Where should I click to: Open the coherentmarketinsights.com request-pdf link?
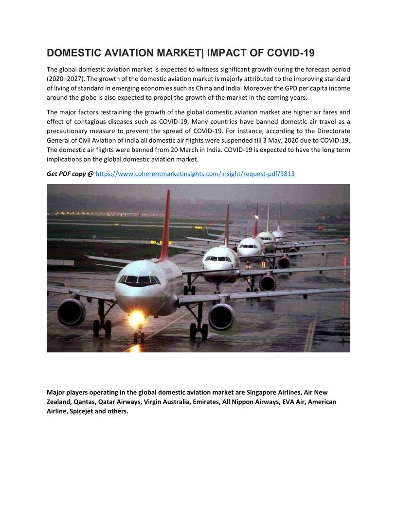point(195,173)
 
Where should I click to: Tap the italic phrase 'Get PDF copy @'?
point(70,173)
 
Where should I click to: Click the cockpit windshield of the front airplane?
point(139,280)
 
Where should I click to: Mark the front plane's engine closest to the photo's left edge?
point(72,312)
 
